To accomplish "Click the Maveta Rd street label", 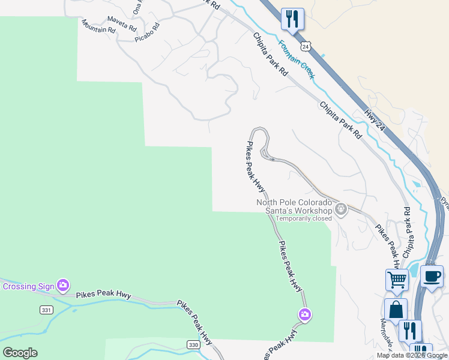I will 122,23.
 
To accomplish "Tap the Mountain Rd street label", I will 98,26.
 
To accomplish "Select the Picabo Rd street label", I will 148,32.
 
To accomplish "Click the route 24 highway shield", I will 306,46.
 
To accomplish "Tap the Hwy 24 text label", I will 374,119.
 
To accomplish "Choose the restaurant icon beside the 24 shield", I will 292,19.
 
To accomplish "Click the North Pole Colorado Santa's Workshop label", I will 294,206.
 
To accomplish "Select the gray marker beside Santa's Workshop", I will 341,209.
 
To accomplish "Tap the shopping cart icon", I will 397,279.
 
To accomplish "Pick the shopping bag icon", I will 396,309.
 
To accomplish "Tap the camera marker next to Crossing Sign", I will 62,284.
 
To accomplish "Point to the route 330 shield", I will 192,344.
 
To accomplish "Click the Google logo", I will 20,352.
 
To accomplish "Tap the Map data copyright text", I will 412,356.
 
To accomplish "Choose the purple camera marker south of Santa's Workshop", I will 305,314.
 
